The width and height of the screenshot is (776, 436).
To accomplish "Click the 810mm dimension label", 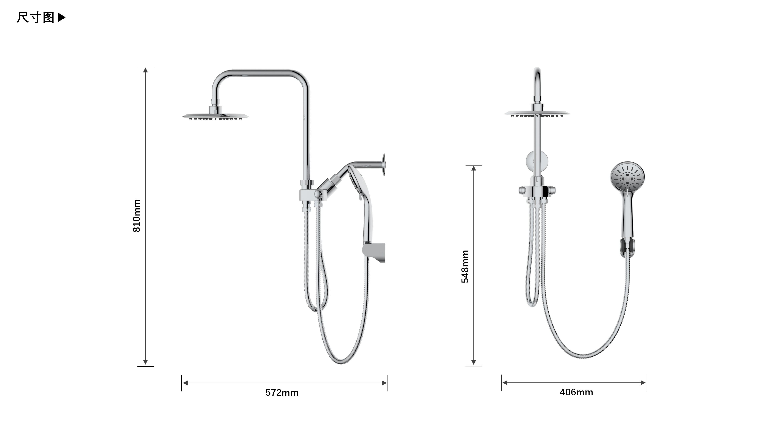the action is pyautogui.click(x=136, y=215).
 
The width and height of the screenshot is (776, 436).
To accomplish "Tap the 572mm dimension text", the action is pyautogui.click(x=282, y=393).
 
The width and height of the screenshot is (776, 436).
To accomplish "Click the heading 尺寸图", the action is pyautogui.click(x=36, y=17).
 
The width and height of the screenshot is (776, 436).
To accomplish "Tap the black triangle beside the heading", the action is pyautogui.click(x=61, y=17).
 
